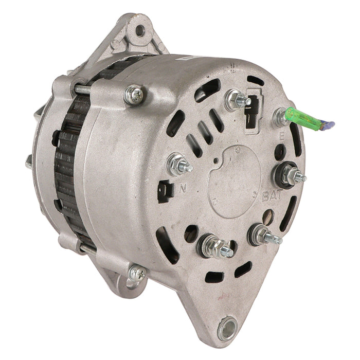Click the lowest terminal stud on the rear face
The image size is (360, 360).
[215, 246]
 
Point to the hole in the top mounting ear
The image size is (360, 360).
[139, 29]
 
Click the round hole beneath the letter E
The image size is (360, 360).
[280, 152]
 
